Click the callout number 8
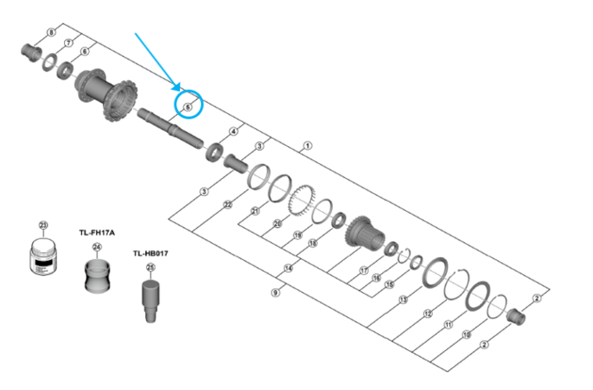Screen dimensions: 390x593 51,33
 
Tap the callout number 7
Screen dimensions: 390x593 68,43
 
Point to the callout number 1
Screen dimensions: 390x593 307,144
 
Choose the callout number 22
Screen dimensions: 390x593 227,204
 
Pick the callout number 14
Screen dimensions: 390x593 288,268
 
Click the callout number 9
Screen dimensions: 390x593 275,291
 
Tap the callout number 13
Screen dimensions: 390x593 402,300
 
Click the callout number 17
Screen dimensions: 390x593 363,270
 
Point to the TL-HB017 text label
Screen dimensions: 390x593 150,253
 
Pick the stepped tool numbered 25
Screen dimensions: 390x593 150,294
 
